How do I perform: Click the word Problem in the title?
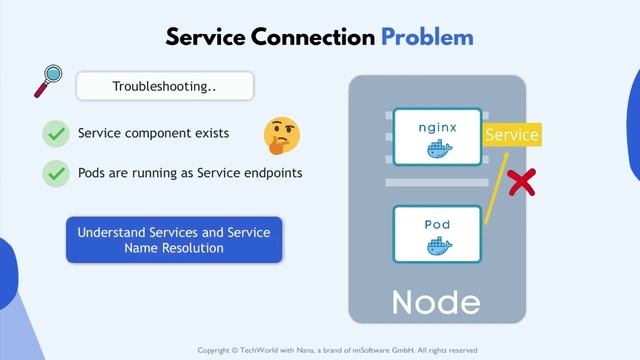coord(427,38)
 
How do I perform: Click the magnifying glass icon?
coord(46,82)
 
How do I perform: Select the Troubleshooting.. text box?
coord(165,86)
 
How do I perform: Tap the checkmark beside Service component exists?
coord(56,133)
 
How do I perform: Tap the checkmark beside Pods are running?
coord(56,173)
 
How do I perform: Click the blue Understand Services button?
coord(175,240)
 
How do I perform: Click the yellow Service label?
coord(511,135)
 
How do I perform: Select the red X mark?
coord(520,182)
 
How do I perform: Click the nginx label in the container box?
coord(437,129)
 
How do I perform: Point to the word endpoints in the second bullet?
coord(270,173)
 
